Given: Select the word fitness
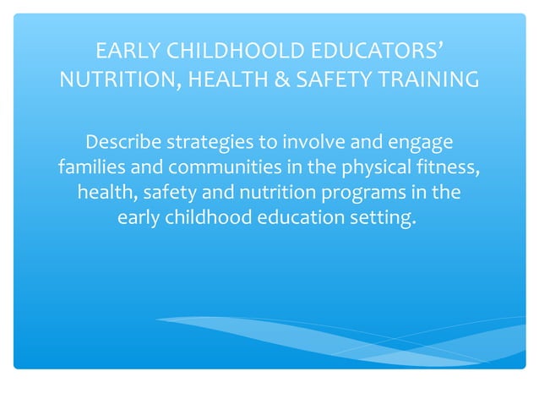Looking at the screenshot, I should [x=450, y=166].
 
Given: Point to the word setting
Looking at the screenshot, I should [x=385, y=218].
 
